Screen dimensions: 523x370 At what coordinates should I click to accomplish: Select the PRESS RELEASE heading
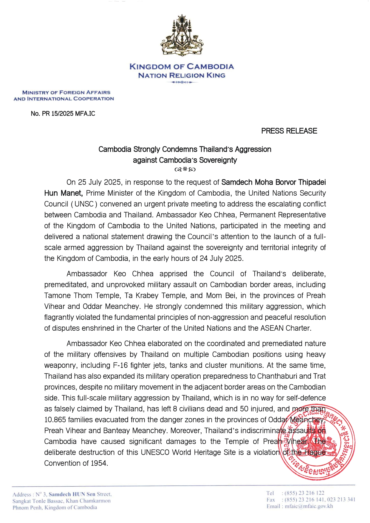coord(289,131)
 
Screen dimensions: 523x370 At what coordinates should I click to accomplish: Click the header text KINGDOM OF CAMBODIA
coord(182,66)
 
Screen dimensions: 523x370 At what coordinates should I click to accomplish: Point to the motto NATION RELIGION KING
coord(182,75)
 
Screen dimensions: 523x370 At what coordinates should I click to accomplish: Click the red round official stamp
coord(318,442)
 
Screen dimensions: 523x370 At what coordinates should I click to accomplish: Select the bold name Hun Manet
coord(63,193)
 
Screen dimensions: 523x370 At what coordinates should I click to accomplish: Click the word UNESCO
coord(155,452)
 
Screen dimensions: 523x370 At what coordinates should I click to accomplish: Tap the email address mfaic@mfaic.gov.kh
coord(309,506)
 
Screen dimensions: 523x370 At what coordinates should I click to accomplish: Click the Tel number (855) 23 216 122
coord(304,493)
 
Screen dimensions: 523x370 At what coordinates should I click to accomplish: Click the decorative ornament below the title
coord(185,169)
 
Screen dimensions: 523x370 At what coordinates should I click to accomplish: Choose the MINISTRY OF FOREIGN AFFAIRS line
coord(66,92)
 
